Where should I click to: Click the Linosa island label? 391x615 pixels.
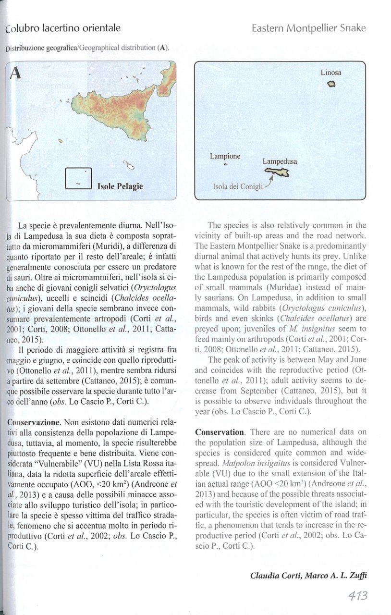pyautogui.click(x=331, y=73)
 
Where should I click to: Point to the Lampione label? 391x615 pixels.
pyautogui.click(x=225, y=156)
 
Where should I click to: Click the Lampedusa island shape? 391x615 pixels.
pyautogui.click(x=278, y=174)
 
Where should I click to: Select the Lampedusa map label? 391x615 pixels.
pyautogui.click(x=280, y=162)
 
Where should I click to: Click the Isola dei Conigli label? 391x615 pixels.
pyautogui.click(x=238, y=186)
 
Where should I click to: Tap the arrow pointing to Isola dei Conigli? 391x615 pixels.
pyautogui.click(x=269, y=182)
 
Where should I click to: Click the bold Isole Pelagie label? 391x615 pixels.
pyautogui.click(x=120, y=185)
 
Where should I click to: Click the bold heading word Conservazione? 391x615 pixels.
pyautogui.click(x=33, y=422)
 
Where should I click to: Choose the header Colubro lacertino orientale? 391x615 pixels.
pyautogui.click(x=63, y=28)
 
